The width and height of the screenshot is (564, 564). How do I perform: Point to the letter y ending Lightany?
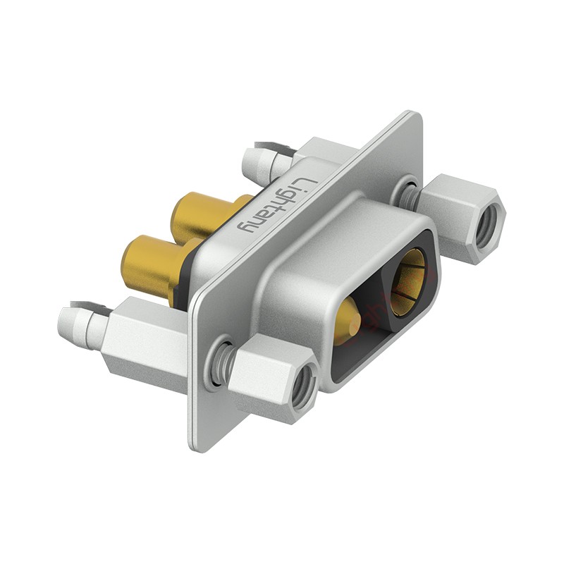coord(249,227)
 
